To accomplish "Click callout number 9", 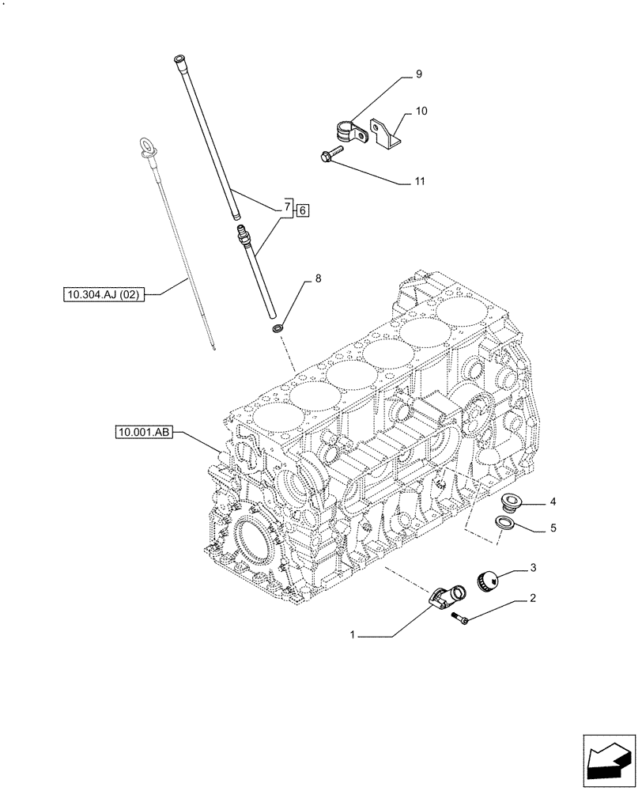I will pyautogui.click(x=418, y=74).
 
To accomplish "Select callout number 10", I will pyautogui.click(x=421, y=112).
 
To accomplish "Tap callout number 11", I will pyautogui.click(x=420, y=181).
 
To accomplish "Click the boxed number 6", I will pyautogui.click(x=303, y=210).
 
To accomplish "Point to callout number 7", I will pyautogui.click(x=286, y=207).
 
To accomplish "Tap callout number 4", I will pyautogui.click(x=553, y=501).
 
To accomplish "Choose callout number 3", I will pyautogui.click(x=534, y=567).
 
